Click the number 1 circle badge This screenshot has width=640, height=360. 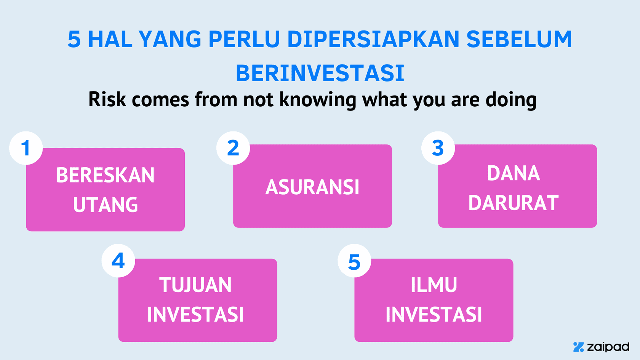click(x=26, y=148)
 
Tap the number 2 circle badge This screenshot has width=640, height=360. click(x=233, y=148)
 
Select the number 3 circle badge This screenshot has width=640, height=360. click(x=438, y=148)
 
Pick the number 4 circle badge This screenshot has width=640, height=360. click(x=118, y=261)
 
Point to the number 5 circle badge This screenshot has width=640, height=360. click(x=354, y=261)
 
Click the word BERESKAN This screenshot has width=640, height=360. click(x=106, y=175)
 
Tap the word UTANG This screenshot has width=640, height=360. click(x=106, y=205)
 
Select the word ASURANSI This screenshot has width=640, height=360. click(x=312, y=187)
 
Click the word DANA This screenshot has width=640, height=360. click(x=514, y=173)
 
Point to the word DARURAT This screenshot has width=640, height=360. click(x=514, y=203)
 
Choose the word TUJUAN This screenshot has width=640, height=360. click(x=195, y=285)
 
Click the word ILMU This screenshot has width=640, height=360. click(x=434, y=285)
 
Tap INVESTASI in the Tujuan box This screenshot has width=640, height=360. click(x=195, y=315)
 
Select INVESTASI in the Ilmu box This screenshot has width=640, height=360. click(x=434, y=315)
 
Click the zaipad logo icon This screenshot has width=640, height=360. click(x=579, y=347)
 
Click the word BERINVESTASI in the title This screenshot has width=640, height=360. click(x=320, y=73)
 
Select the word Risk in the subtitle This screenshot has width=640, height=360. click(x=107, y=99)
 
